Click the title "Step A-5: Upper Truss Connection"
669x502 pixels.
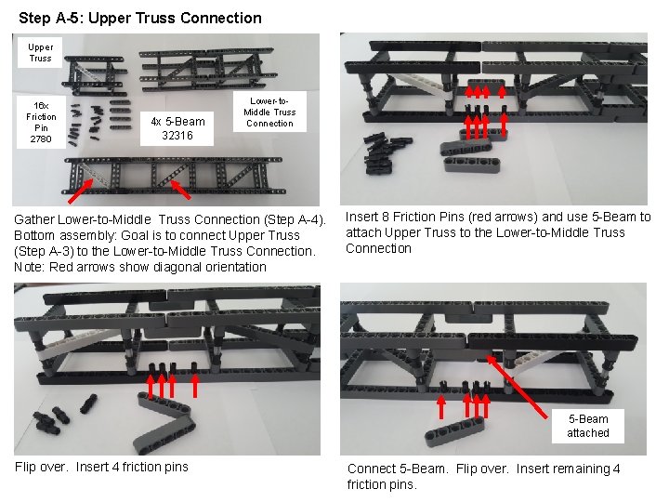(139, 18)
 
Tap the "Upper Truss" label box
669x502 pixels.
(40, 52)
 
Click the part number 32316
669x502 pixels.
(177, 135)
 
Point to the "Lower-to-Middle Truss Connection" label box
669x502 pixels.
(269, 112)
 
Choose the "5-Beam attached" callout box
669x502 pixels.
(587, 426)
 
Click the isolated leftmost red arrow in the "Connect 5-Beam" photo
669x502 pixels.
(442, 408)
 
